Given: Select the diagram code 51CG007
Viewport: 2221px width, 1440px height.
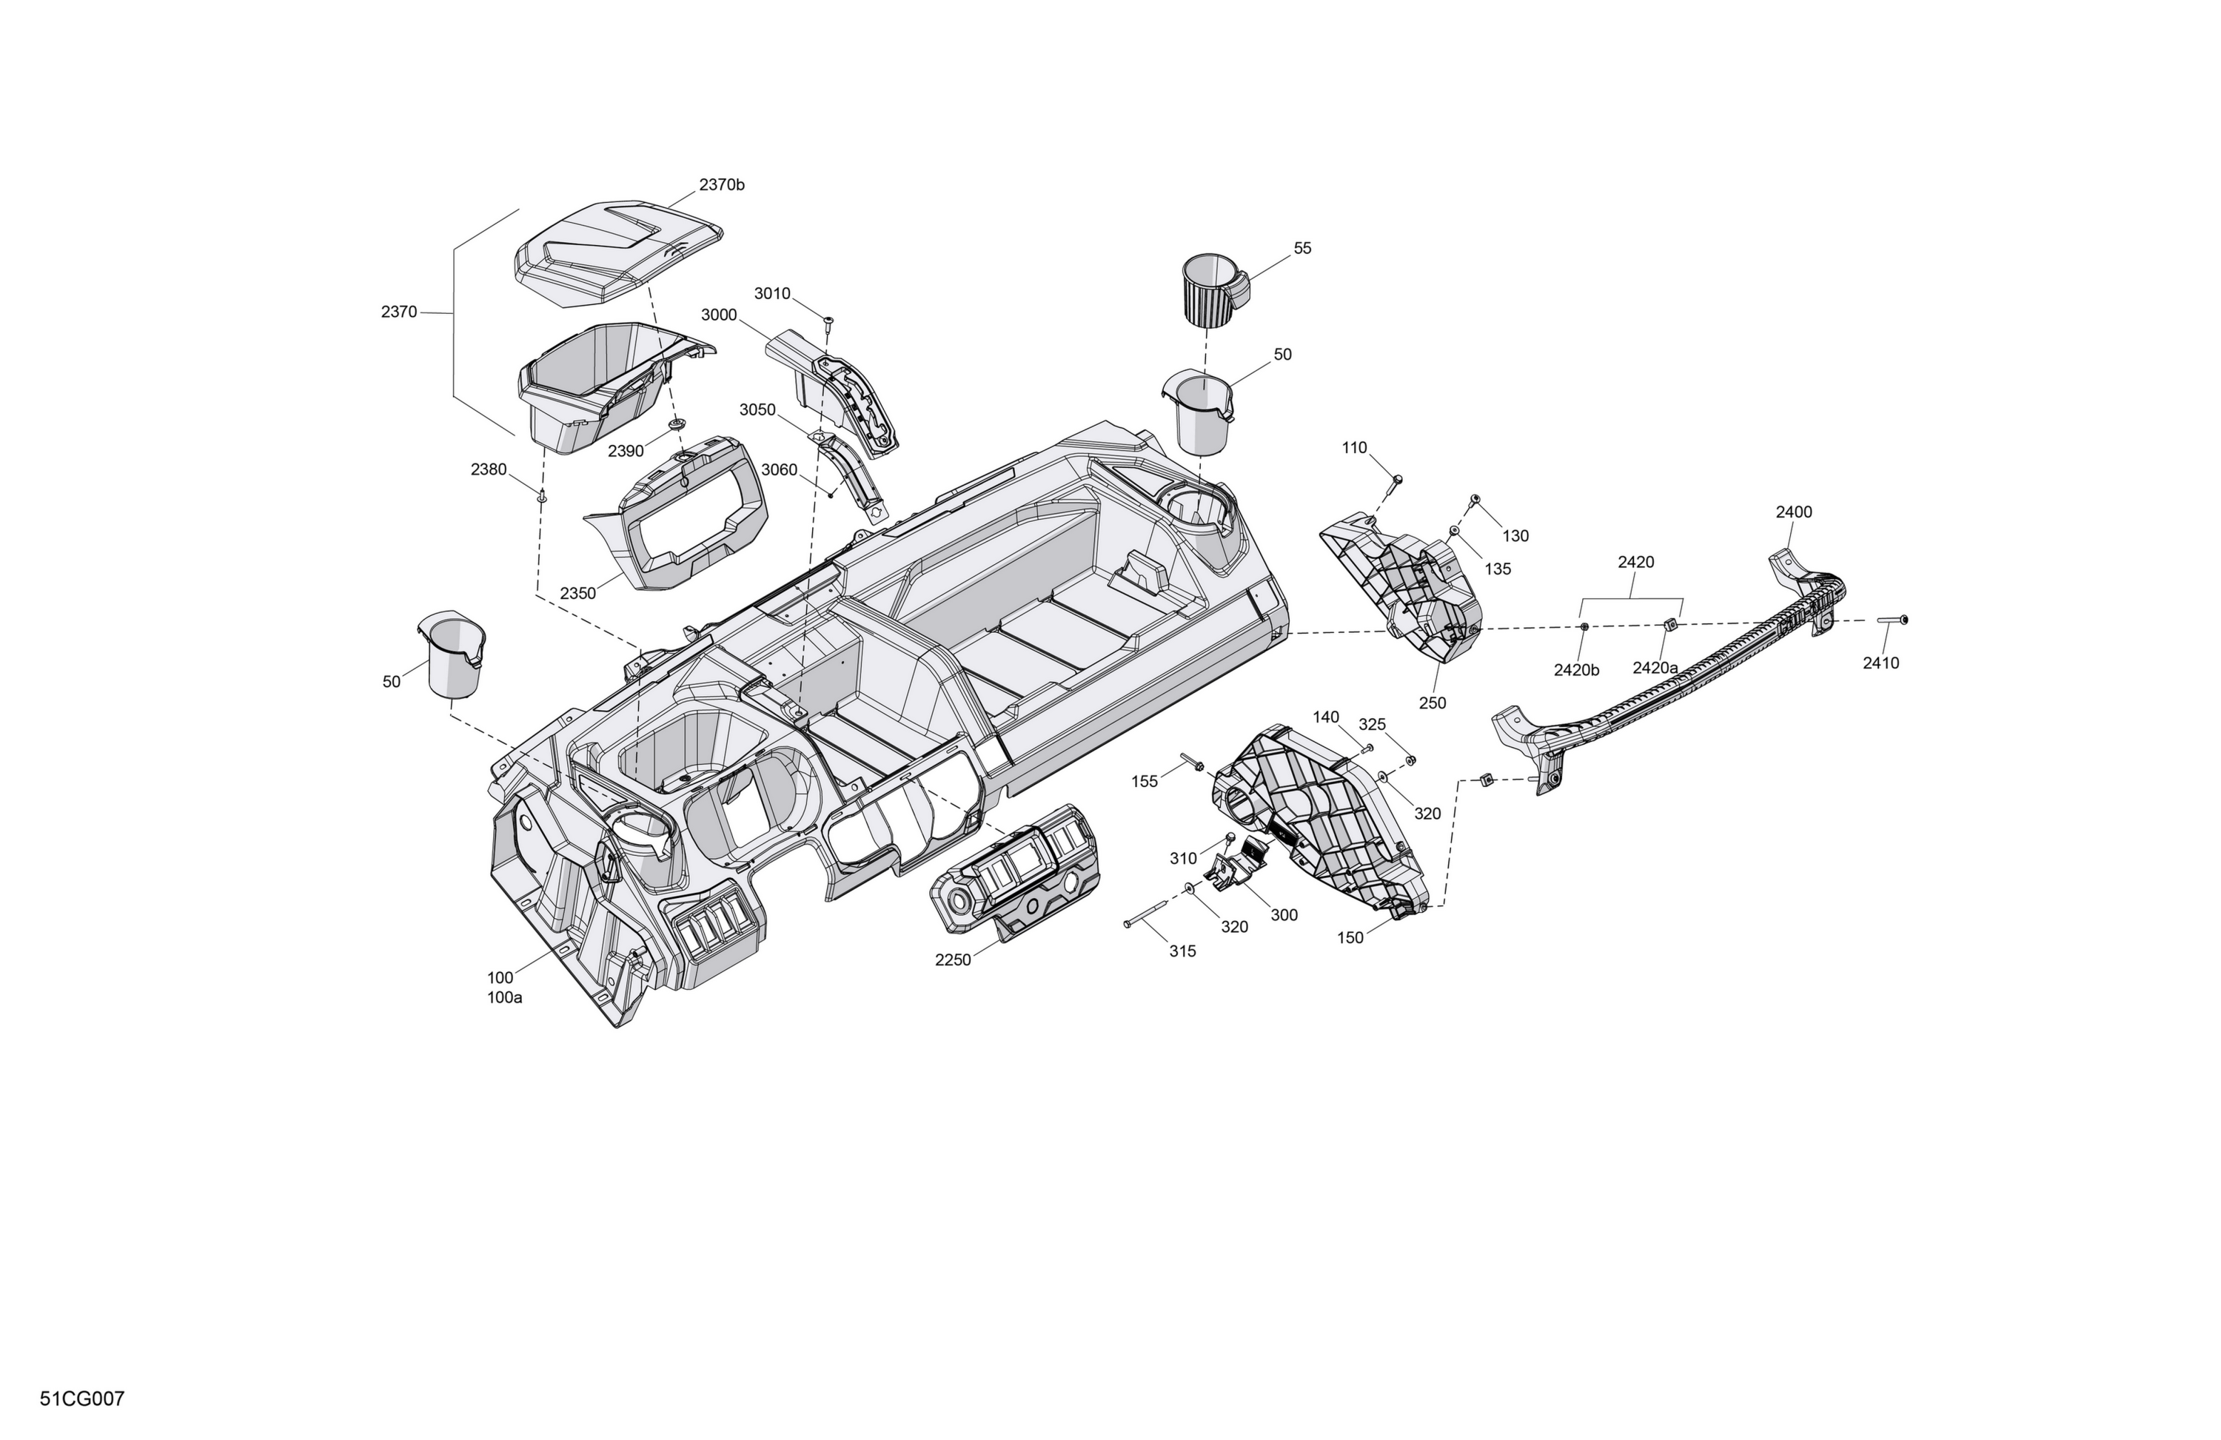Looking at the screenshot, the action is pos(82,1399).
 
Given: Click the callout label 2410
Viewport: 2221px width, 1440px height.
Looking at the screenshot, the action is pos(1880,663).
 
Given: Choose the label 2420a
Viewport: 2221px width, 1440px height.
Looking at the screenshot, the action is pos(1655,669).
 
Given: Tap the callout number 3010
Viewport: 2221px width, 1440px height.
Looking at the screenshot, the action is pos(771,294).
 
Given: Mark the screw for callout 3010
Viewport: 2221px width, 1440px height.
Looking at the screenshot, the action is pos(828,325).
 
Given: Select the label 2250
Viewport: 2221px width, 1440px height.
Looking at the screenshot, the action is pos(953,960).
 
